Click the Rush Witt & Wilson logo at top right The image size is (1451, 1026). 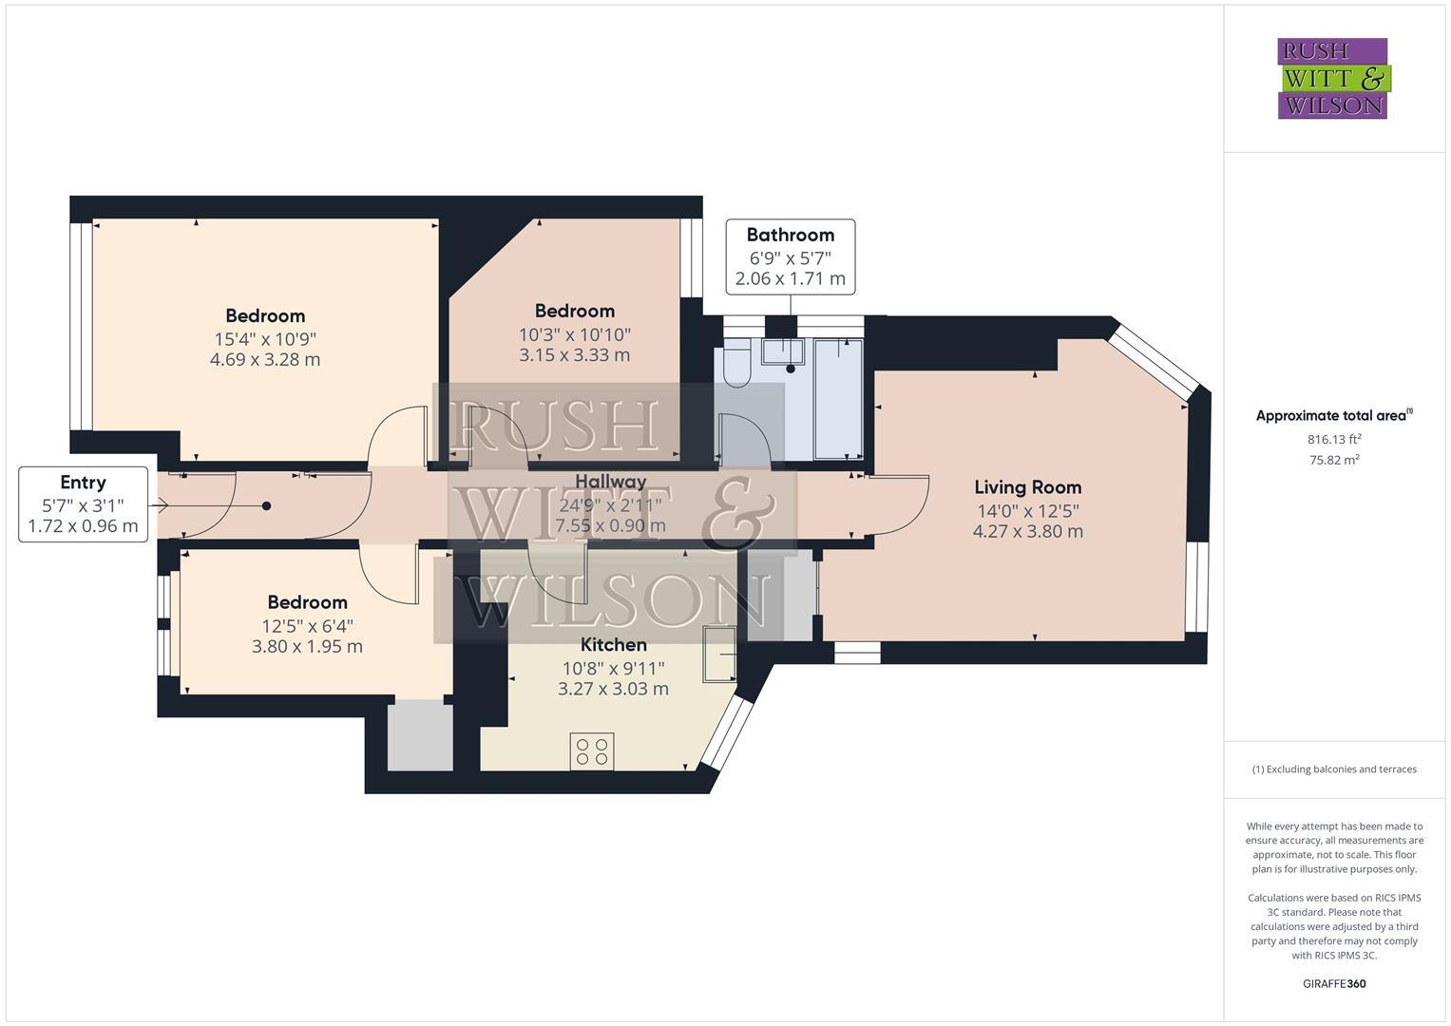point(1332,78)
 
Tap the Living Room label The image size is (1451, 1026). point(1027,487)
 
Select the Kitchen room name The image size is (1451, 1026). point(613,645)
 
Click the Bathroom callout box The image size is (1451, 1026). point(790,256)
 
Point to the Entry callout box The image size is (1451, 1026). point(83,504)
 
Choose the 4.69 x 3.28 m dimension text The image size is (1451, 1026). point(265,360)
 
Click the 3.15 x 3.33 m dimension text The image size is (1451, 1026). point(574,355)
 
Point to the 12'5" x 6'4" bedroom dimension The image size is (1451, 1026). point(307,625)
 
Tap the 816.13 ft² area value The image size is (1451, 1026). point(1334,439)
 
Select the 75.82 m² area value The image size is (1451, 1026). point(1334,461)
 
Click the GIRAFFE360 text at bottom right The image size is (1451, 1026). point(1334,983)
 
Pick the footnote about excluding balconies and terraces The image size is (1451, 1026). point(1334,769)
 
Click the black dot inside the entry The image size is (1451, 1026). point(266,506)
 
